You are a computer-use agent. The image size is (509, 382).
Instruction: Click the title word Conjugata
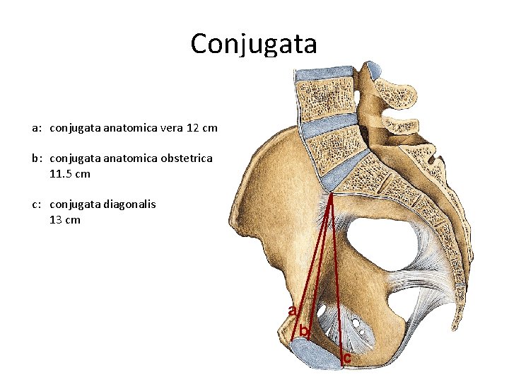pyautogui.click(x=254, y=44)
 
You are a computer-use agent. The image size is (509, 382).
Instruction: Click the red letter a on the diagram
pyautogui.click(x=292, y=310)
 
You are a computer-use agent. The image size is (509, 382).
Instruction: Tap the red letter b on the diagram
pyautogui.click(x=303, y=330)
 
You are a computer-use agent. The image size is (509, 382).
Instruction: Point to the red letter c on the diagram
pyautogui.click(x=346, y=359)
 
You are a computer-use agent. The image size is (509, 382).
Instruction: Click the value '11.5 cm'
pyautogui.click(x=70, y=173)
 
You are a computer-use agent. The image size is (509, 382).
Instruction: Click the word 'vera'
pyautogui.click(x=172, y=129)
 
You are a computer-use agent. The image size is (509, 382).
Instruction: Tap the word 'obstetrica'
pyautogui.click(x=186, y=158)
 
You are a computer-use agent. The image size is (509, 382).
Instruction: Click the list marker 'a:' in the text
pyautogui.click(x=37, y=129)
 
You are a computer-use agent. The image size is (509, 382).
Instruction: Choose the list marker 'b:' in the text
pyautogui.click(x=37, y=158)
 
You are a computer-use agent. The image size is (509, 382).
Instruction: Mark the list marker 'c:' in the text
pyautogui.click(x=37, y=204)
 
